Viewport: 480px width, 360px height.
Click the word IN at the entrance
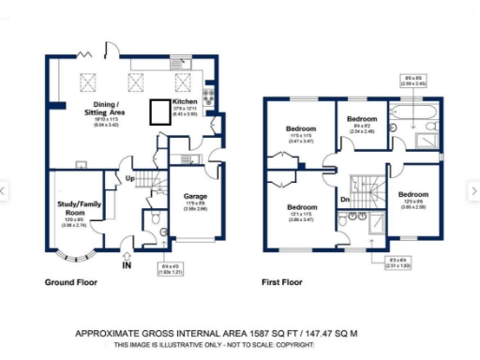[x=127, y=264]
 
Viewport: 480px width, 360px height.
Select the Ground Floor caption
[x=71, y=281]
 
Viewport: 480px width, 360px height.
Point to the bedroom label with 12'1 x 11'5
[x=301, y=207]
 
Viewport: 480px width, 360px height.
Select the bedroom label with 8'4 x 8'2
[x=362, y=119]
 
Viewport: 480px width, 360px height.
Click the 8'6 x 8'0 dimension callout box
[x=415, y=80]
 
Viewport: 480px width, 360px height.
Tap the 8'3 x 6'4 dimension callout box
[x=372, y=264]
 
